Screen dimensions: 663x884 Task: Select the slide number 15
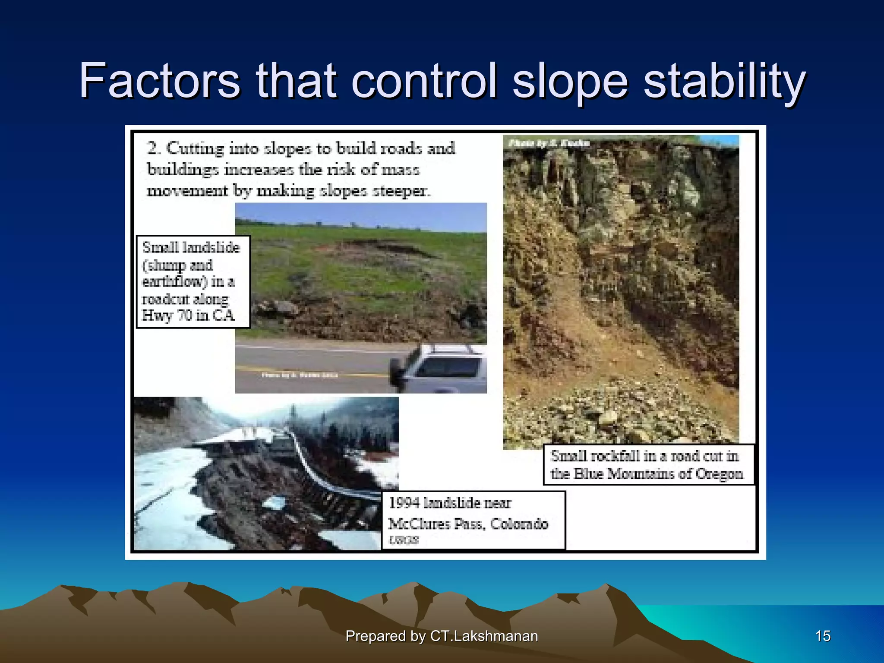pos(823,636)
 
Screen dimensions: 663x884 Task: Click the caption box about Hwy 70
pos(193,281)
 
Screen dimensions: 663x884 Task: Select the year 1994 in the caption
pos(404,503)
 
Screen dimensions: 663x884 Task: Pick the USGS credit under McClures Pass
pos(404,540)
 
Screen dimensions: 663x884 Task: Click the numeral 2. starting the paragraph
pos(153,148)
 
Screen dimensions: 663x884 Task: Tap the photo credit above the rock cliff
pos(549,143)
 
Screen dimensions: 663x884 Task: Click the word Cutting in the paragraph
pos(196,148)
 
